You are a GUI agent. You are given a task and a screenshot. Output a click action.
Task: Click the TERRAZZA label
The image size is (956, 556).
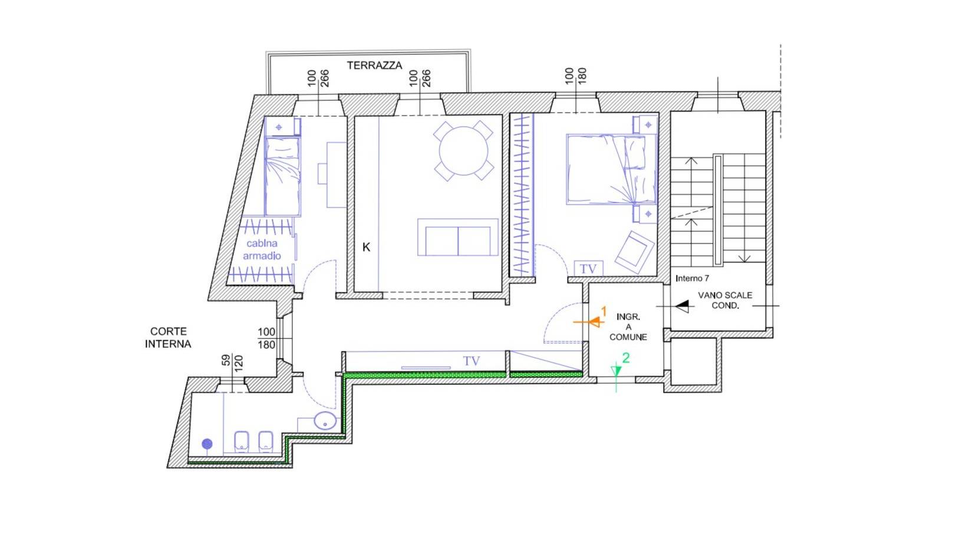(x=374, y=65)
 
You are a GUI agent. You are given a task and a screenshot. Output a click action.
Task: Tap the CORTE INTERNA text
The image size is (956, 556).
(x=168, y=337)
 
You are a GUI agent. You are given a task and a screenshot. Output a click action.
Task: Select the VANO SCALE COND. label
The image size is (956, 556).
(x=725, y=300)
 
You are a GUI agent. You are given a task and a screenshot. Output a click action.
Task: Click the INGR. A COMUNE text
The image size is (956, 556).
(x=628, y=327)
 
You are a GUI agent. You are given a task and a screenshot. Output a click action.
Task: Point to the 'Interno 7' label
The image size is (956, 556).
(x=693, y=278)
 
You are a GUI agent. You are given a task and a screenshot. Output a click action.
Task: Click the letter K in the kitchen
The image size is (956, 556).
(x=366, y=247)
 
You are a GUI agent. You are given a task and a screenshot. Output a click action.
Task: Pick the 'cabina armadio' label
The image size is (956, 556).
(x=262, y=249)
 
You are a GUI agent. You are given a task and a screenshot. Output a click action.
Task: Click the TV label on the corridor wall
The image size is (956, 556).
(x=472, y=361)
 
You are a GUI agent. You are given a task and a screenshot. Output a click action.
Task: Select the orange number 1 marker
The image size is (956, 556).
(x=604, y=311)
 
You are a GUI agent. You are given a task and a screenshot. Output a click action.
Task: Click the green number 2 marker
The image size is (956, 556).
(x=626, y=357)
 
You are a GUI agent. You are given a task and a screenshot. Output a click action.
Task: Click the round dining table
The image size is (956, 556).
(x=463, y=151)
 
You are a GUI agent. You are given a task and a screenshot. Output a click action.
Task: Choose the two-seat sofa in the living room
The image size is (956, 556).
(x=458, y=238)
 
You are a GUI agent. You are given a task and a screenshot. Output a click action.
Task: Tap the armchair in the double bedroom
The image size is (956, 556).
(x=635, y=252)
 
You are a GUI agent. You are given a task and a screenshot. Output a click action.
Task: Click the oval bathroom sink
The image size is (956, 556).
(x=325, y=420)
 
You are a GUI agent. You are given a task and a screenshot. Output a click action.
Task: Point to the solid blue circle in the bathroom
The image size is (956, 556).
(x=207, y=444)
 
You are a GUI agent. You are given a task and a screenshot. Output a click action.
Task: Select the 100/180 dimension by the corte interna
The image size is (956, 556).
(x=266, y=338)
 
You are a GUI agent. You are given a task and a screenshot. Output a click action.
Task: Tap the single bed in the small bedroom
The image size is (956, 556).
(x=282, y=176)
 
